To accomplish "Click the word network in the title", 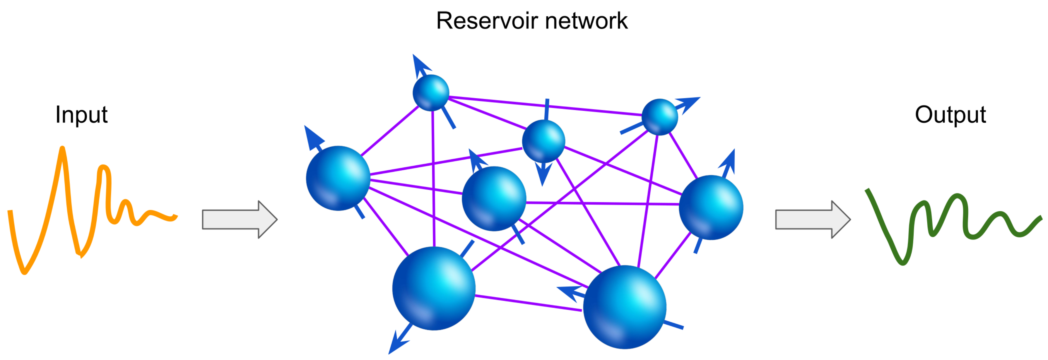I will pyautogui.click(x=586, y=21).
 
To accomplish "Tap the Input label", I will pyautogui.click(x=81, y=115).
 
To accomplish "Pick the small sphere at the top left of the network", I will pyautogui.click(x=431, y=93).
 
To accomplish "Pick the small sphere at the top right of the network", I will pyautogui.click(x=659, y=117).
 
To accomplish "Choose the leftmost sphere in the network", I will pyautogui.click(x=338, y=178).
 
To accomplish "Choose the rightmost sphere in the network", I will pyautogui.click(x=711, y=208).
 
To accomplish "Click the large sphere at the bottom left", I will pyautogui.click(x=434, y=288).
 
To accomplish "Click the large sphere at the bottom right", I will pyautogui.click(x=625, y=307).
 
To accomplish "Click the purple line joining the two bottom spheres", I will pyautogui.click(x=528, y=303).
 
